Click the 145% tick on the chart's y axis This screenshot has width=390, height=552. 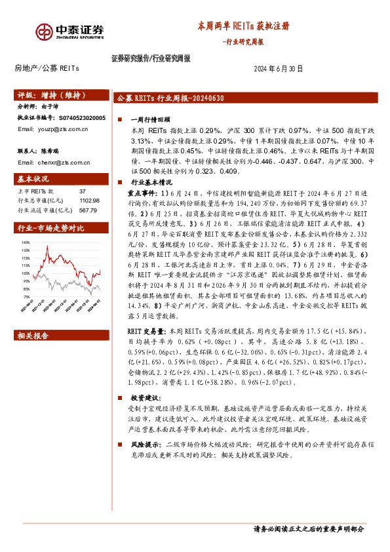tap(26, 241)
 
